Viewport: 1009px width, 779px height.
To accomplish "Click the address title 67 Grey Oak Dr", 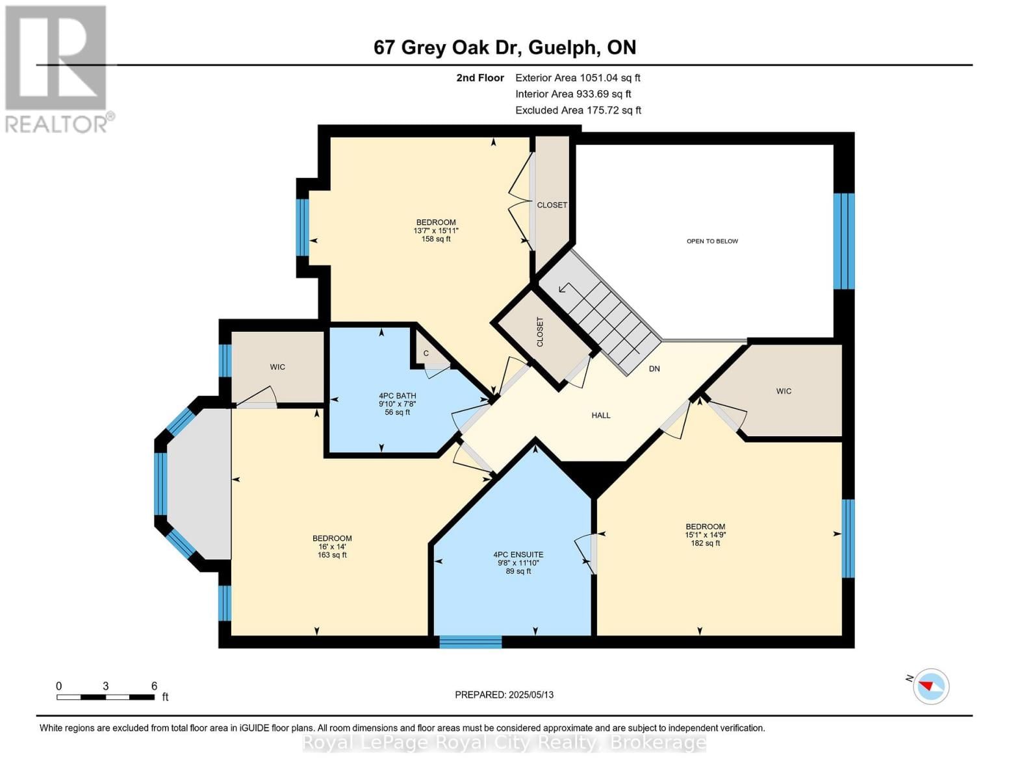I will click(505, 47).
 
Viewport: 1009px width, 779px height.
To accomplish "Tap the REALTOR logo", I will click(57, 68).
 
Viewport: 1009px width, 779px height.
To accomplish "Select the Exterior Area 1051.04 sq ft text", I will click(578, 78).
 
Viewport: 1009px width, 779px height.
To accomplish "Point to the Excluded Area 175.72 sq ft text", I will click(578, 110).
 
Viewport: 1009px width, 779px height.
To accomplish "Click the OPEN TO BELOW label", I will click(712, 241).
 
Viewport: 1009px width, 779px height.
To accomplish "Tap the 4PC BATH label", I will click(397, 395).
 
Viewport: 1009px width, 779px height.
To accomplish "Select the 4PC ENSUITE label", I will click(518, 554).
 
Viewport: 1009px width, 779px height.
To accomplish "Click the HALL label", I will click(600, 415).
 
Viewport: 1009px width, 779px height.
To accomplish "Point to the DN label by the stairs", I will click(654, 369).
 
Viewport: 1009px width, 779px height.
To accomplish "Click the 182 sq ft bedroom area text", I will click(705, 543).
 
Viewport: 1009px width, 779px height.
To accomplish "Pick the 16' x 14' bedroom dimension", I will click(332, 547).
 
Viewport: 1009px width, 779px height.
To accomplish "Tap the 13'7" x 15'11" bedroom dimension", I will click(435, 230).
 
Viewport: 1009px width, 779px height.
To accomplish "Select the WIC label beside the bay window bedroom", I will click(277, 367).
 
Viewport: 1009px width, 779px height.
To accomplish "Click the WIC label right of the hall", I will click(784, 391).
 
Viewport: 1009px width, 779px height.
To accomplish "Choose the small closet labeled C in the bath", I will click(426, 353).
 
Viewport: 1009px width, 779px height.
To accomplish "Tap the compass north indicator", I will click(930, 686).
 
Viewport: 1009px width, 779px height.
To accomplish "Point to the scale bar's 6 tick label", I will click(154, 686).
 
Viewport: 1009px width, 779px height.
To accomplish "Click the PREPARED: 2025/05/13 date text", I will click(504, 695).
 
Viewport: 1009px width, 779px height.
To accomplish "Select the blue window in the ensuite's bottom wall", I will click(470, 642).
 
